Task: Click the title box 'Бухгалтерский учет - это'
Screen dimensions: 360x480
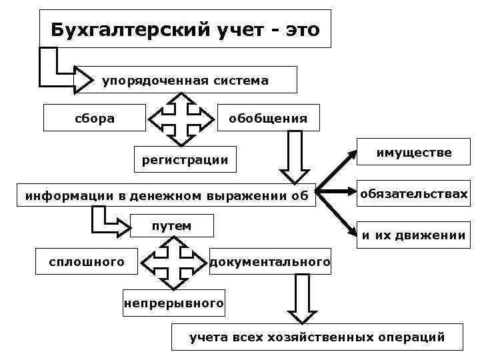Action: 185,29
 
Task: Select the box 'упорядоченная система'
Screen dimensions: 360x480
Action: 185,81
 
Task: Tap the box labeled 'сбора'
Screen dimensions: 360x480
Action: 94,119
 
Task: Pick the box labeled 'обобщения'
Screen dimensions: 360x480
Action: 268,119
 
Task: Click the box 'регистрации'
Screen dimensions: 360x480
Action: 185,159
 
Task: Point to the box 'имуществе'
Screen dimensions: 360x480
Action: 413,153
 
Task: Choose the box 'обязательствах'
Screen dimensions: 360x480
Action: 413,194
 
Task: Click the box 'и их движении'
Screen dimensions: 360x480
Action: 413,235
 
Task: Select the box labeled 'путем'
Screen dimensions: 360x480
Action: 172,226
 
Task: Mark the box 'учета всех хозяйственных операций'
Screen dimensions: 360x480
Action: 317,337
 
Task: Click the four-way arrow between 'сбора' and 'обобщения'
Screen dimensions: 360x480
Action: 179,119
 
